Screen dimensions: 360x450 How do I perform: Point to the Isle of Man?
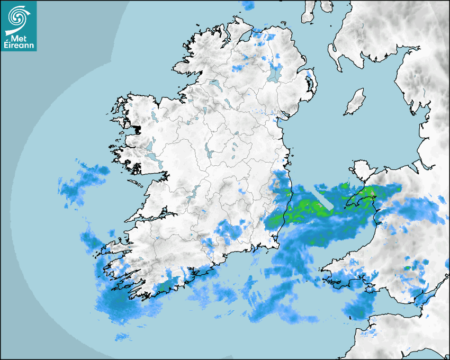pyautogui.click(x=355, y=102)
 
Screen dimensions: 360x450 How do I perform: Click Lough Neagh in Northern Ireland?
pyautogui.click(x=275, y=73)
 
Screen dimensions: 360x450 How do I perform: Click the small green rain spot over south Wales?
pyautogui.click(x=408, y=268)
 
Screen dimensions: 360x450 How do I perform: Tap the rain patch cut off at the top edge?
pyautogui.click(x=248, y=5)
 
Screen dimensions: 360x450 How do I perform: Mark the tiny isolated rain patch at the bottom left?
pyautogui.click(x=123, y=336)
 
